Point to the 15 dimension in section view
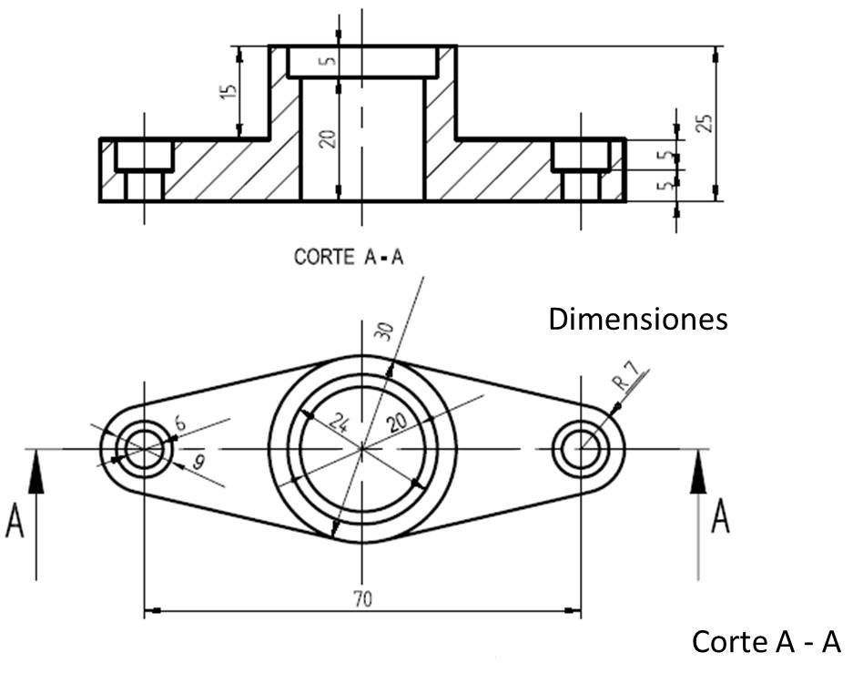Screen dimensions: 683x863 tap(228, 92)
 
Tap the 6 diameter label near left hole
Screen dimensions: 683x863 tap(179, 422)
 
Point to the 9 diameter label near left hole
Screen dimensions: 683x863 tap(198, 463)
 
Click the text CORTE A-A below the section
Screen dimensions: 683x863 tap(349, 258)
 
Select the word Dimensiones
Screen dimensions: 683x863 tap(638, 320)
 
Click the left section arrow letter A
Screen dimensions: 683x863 tap(15, 524)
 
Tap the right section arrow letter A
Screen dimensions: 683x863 tap(719, 516)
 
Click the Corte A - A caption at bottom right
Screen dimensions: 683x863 tap(767, 642)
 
